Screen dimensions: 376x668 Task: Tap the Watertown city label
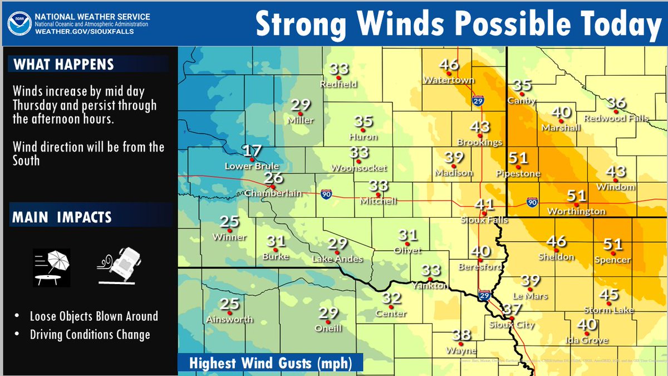point(449,80)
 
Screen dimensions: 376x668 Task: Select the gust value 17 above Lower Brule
point(252,151)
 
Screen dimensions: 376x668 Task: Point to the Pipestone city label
point(518,174)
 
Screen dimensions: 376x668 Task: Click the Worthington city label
point(576,212)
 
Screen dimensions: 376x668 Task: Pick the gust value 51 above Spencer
point(612,244)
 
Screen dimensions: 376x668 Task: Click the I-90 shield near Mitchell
point(327,194)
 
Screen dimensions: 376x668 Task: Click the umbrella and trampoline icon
point(51,267)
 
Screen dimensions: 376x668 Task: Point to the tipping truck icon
point(121,265)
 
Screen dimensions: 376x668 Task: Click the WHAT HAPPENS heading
point(63,64)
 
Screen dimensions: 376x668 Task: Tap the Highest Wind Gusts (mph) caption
point(271,363)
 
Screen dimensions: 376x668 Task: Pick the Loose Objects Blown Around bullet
point(94,316)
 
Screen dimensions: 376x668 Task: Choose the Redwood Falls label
point(616,119)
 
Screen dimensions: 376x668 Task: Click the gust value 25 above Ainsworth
point(229,304)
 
